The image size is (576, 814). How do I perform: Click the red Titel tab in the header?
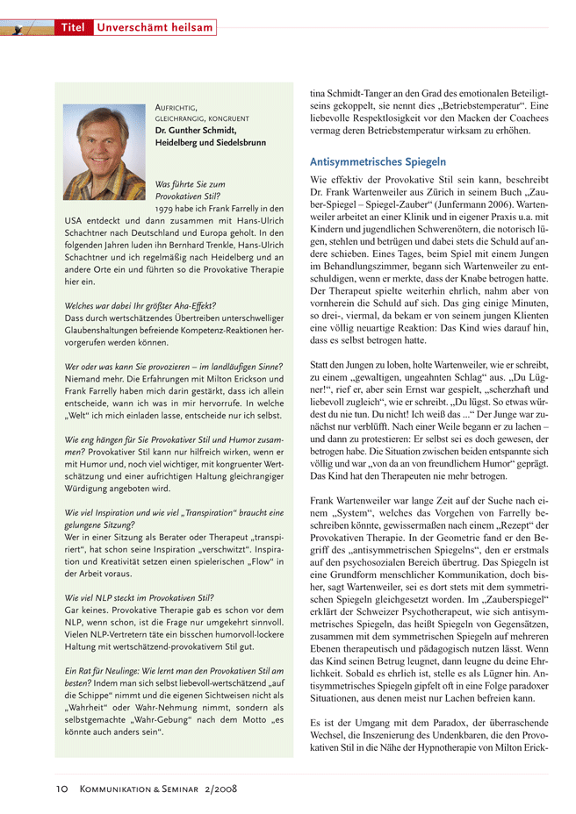[x=73, y=28]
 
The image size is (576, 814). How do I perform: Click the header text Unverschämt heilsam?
[x=155, y=28]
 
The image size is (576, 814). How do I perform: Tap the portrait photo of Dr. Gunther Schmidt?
[x=104, y=152]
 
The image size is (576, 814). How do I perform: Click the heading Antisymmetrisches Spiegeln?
[x=378, y=162]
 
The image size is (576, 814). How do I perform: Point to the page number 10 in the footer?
[x=61, y=789]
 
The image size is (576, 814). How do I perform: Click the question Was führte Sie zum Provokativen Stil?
[x=189, y=190]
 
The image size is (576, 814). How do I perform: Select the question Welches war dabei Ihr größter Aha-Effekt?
[x=140, y=304]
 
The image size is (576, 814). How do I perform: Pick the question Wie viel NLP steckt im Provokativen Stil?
[x=140, y=596]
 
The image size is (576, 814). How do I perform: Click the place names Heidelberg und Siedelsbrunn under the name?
[x=210, y=142]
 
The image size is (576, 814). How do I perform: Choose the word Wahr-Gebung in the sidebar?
[x=201, y=718]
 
